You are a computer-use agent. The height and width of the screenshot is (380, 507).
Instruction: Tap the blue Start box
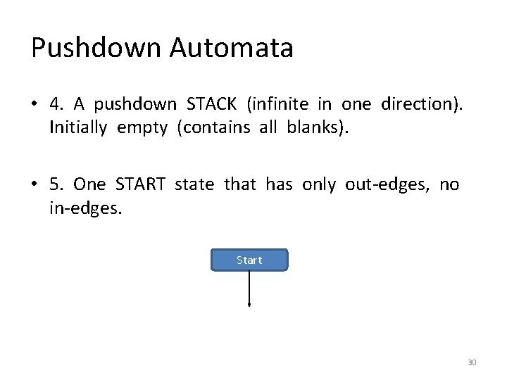pos(249,260)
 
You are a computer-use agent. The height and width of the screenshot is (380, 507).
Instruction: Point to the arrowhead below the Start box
pos(249,305)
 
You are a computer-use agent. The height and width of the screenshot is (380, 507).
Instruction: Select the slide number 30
pos(472,362)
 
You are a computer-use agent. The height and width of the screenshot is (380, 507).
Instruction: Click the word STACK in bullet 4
pos(213,105)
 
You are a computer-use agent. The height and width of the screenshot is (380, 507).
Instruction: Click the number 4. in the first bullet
pos(57,105)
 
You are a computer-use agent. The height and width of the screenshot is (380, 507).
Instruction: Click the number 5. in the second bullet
pos(57,184)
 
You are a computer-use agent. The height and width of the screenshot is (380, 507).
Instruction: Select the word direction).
pos(421,105)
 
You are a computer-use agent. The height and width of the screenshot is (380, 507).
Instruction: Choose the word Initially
pos(79,128)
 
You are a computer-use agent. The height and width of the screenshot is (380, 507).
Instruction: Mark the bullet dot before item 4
pos(35,106)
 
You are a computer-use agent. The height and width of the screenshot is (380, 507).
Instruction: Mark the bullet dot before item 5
pos(35,185)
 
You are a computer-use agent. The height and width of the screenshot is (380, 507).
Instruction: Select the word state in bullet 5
pos(196,184)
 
